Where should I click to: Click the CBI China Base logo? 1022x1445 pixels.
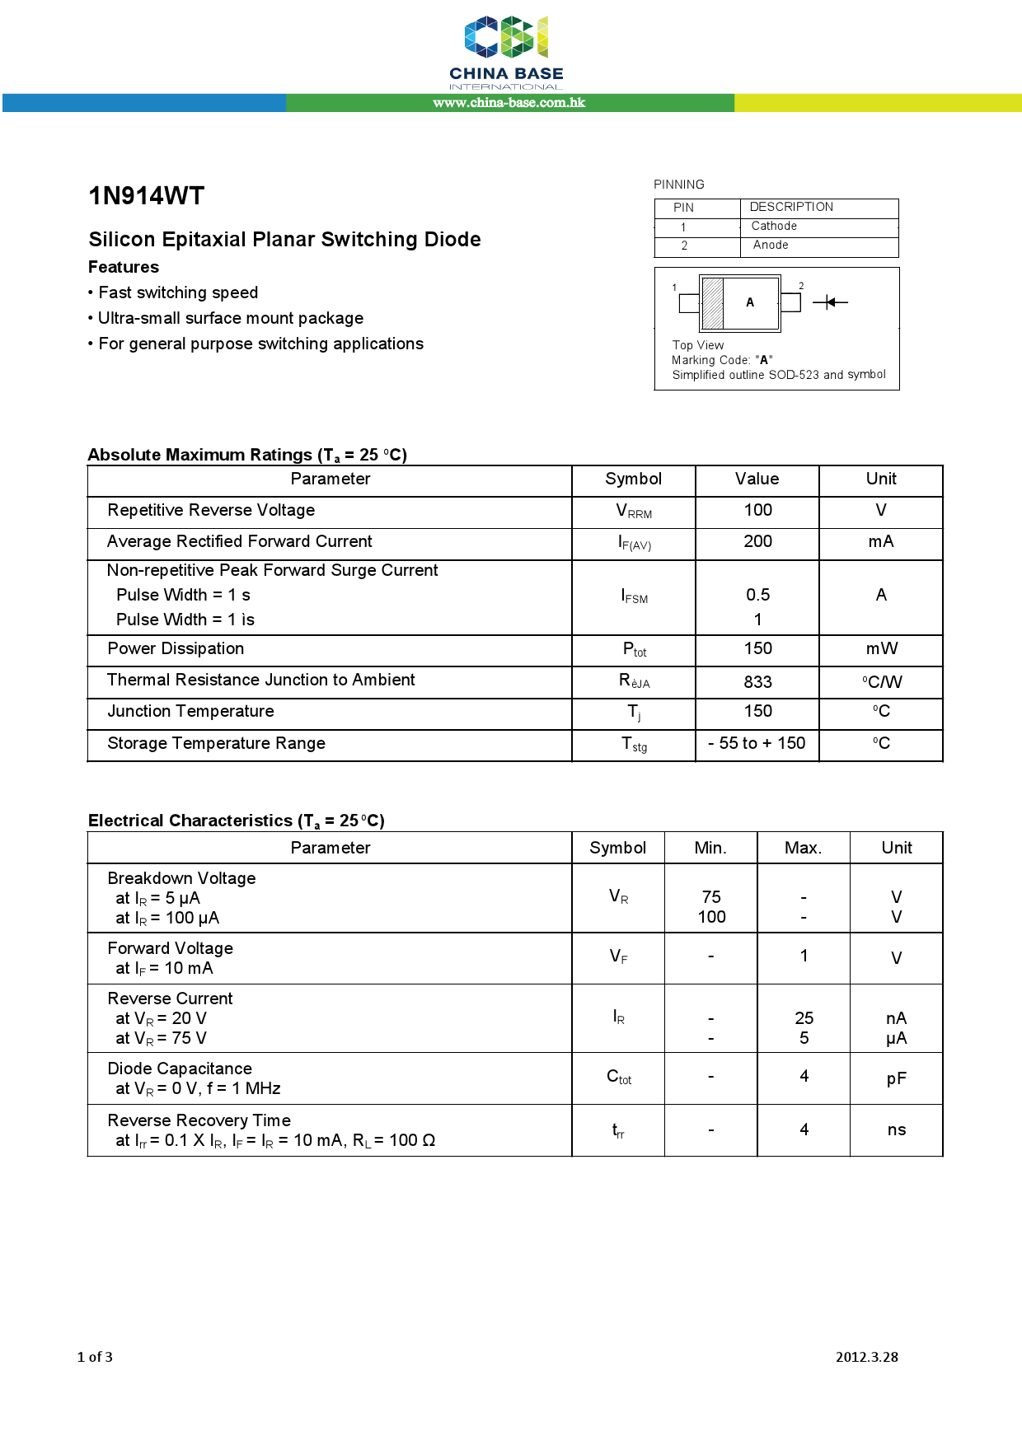[x=506, y=51]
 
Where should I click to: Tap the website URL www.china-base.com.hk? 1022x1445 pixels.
[x=509, y=103]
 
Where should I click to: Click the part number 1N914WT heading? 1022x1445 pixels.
[x=146, y=196]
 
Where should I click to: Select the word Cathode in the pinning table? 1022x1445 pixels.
[x=774, y=226]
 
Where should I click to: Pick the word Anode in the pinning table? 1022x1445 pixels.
[x=771, y=245]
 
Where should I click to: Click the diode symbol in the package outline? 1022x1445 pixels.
[x=830, y=302]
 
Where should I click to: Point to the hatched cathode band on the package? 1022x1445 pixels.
[x=712, y=303]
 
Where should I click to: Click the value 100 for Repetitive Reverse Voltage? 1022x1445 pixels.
[x=757, y=510]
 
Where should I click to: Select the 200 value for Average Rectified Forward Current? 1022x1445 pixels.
[x=757, y=541]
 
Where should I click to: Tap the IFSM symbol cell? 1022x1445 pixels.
[x=634, y=596]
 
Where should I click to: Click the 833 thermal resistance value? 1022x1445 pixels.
[x=757, y=682]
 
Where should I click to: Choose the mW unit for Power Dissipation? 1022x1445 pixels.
[x=881, y=648]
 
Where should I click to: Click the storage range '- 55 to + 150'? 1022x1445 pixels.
[x=757, y=743]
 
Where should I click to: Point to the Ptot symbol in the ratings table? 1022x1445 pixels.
[x=634, y=650]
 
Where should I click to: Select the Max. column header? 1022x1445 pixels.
[x=803, y=848]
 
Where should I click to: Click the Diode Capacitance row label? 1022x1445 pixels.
[x=180, y=1069]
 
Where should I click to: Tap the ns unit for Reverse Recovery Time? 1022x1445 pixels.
[x=897, y=1129]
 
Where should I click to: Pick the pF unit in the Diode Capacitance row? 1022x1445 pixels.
[x=897, y=1078]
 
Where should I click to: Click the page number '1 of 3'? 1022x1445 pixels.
[x=95, y=1357]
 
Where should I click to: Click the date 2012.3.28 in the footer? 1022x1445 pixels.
[x=866, y=1357]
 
